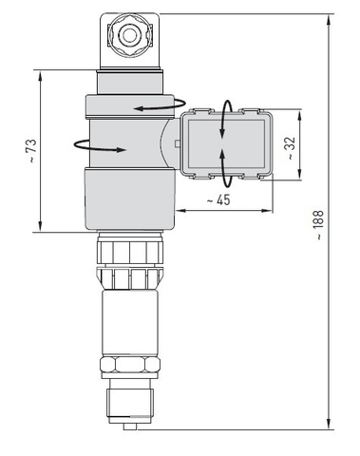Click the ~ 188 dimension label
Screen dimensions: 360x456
pyautogui.click(x=319, y=225)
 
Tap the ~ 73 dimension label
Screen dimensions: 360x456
pyautogui.click(x=32, y=150)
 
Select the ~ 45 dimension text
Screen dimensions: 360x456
pyautogui.click(x=218, y=200)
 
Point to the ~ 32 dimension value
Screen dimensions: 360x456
pyautogui.click(x=291, y=148)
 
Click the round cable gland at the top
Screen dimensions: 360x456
pyautogui.click(x=129, y=35)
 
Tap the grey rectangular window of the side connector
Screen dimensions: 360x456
pyautogui.click(x=226, y=144)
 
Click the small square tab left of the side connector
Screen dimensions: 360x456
pyautogui.click(x=178, y=143)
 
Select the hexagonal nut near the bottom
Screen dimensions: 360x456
pyautogui.click(x=130, y=365)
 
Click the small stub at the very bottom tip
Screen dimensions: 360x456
pyautogui.click(x=130, y=427)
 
